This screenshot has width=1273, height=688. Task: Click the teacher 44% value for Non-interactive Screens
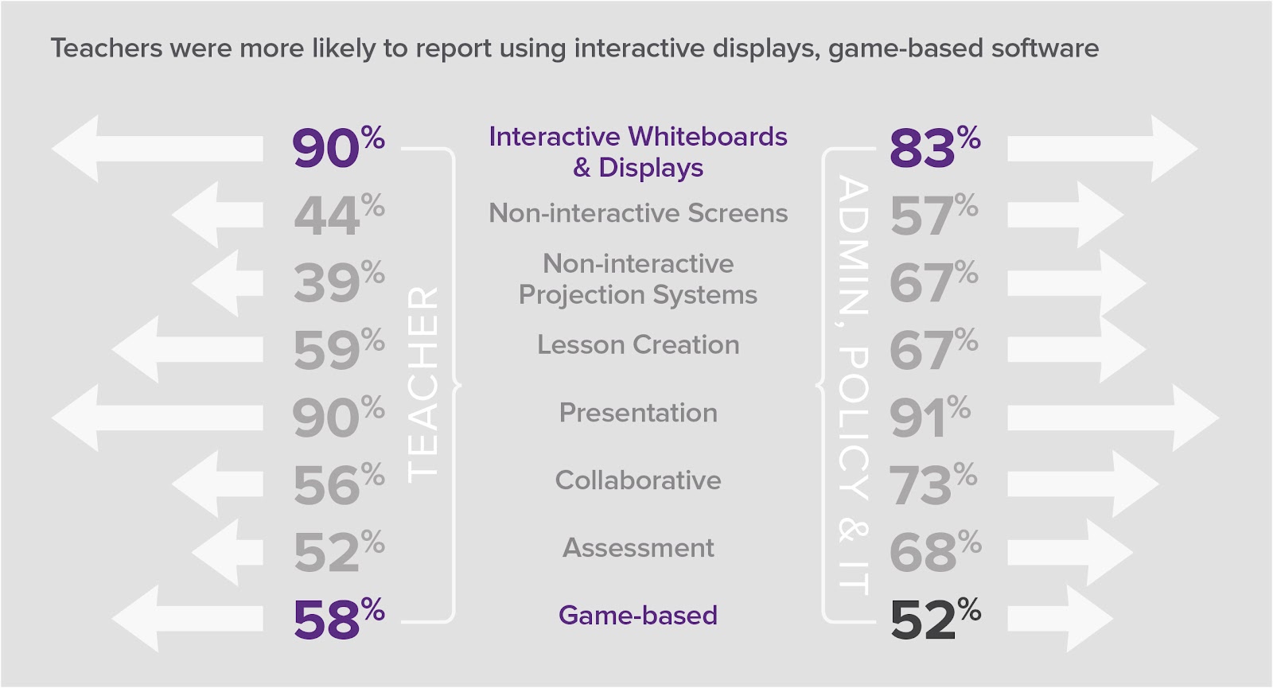[338, 216]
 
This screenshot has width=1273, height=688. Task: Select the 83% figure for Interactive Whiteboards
[933, 148]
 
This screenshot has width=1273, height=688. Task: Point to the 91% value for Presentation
[928, 418]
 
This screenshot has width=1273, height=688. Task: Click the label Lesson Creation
[638, 345]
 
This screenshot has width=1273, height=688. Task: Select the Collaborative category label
[638, 480]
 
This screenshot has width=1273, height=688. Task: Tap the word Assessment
[638, 548]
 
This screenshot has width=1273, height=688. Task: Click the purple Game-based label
[638, 616]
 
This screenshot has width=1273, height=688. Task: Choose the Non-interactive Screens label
[638, 213]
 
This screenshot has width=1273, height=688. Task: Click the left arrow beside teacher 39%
[227, 283]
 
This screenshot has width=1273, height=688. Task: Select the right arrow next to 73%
[1082, 484]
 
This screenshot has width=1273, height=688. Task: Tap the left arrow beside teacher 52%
[227, 553]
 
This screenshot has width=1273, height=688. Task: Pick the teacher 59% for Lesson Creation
[338, 351]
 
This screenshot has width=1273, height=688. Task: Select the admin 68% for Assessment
[934, 553]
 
